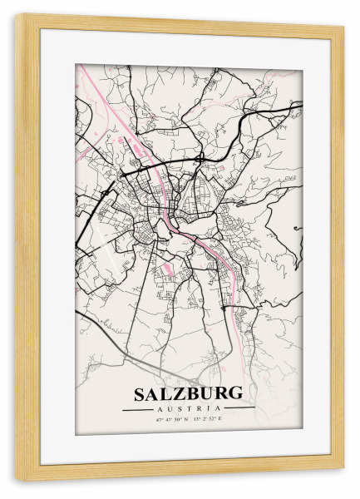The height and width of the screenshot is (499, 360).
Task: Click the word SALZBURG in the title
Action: pyautogui.click(x=188, y=393)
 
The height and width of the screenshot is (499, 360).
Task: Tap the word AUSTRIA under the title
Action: pyautogui.click(x=188, y=408)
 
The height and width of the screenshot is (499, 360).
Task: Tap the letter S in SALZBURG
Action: pyautogui.click(x=139, y=393)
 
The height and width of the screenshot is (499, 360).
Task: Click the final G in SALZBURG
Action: pyautogui.click(x=236, y=393)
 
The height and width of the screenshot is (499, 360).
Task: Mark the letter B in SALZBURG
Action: pyautogui.click(x=192, y=393)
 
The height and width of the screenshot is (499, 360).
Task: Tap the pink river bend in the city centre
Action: pyautogui.click(x=171, y=222)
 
